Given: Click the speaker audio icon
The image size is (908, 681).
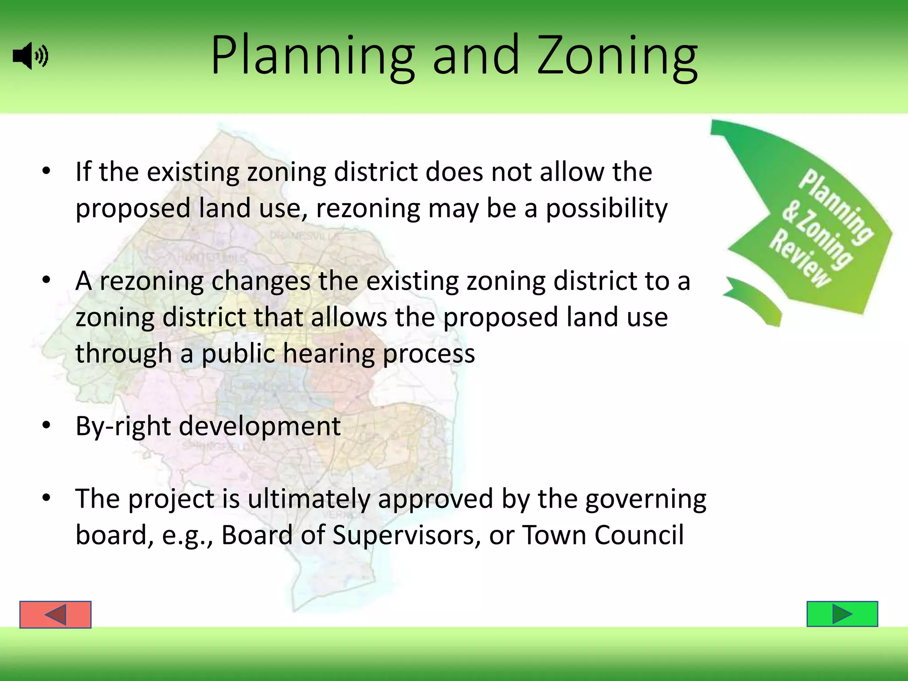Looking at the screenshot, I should [x=30, y=56].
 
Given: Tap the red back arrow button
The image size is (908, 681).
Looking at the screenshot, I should [x=55, y=615].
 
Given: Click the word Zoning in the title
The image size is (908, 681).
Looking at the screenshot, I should [x=617, y=58].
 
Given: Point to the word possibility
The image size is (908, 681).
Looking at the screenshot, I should [x=606, y=208].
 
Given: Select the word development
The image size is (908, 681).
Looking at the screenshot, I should [x=260, y=426].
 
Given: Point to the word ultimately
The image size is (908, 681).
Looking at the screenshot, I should [x=309, y=499].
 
